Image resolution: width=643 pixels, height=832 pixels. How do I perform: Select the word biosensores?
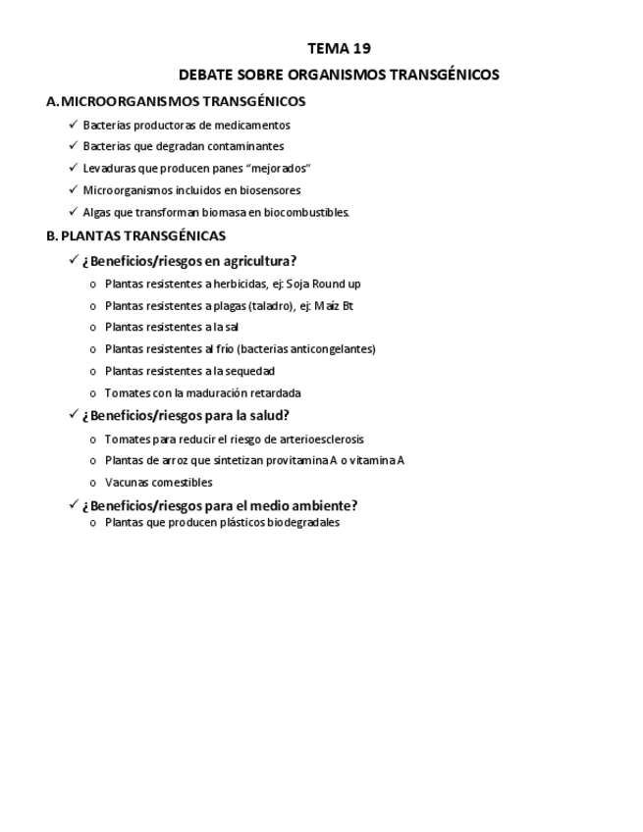[268, 190]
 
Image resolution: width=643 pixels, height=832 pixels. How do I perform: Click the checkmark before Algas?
[74, 211]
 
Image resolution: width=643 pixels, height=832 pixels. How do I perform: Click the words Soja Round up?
[323, 284]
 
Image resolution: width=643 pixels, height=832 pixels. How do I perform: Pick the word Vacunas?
[126, 483]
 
